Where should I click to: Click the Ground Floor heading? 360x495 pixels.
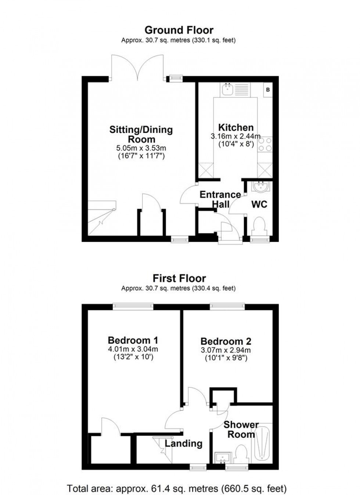(x=179, y=30)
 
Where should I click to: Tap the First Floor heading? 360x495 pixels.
(x=179, y=278)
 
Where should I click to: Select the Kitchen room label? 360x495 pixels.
(x=236, y=127)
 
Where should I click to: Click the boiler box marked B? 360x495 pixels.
(x=268, y=90)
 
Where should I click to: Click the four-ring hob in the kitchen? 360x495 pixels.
(x=265, y=144)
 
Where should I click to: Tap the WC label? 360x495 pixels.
(x=259, y=204)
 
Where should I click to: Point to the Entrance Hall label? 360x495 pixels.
(x=220, y=199)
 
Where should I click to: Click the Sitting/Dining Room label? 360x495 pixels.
(x=141, y=134)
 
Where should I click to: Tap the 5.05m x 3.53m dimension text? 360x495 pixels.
(x=141, y=148)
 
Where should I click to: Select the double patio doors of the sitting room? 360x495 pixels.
(x=138, y=68)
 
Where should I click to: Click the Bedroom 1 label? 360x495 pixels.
(x=133, y=340)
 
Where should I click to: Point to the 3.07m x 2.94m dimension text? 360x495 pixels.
(x=226, y=350)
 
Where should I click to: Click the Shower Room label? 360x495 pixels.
(x=241, y=430)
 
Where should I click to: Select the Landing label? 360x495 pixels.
(x=183, y=443)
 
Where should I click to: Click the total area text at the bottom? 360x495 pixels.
(x=177, y=488)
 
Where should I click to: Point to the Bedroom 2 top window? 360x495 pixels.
(x=227, y=306)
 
